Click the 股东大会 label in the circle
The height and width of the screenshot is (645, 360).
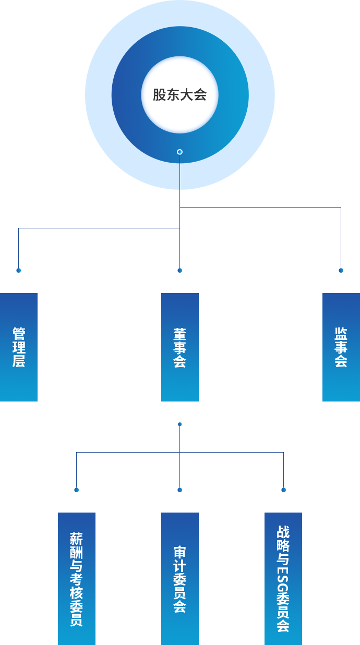click(179, 95)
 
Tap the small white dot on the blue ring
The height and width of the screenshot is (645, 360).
click(179, 152)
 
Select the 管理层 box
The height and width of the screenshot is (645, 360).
click(19, 347)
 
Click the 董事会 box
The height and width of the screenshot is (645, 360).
click(179, 347)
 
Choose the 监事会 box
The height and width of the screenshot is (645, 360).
click(341, 347)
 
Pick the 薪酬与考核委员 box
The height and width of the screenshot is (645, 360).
click(76, 578)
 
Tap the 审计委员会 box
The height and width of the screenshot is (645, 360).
click(179, 578)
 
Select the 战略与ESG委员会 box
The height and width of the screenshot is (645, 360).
click(283, 578)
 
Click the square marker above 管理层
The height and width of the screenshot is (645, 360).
click(19, 271)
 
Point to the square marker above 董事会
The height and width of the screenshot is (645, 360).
click(180, 271)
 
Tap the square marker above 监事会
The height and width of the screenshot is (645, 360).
click(341, 271)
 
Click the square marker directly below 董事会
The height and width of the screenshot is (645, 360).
click(180, 424)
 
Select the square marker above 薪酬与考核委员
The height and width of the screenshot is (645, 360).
click(77, 490)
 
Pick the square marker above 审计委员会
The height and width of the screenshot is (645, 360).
click(180, 490)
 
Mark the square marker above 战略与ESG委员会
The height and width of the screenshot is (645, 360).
click(284, 490)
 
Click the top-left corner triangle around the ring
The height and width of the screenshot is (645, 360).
click(112, 27)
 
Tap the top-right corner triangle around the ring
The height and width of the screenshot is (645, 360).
click(247, 27)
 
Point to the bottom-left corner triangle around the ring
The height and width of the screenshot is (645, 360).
click(112, 162)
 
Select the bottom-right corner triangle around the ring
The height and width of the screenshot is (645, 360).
click(247, 162)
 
